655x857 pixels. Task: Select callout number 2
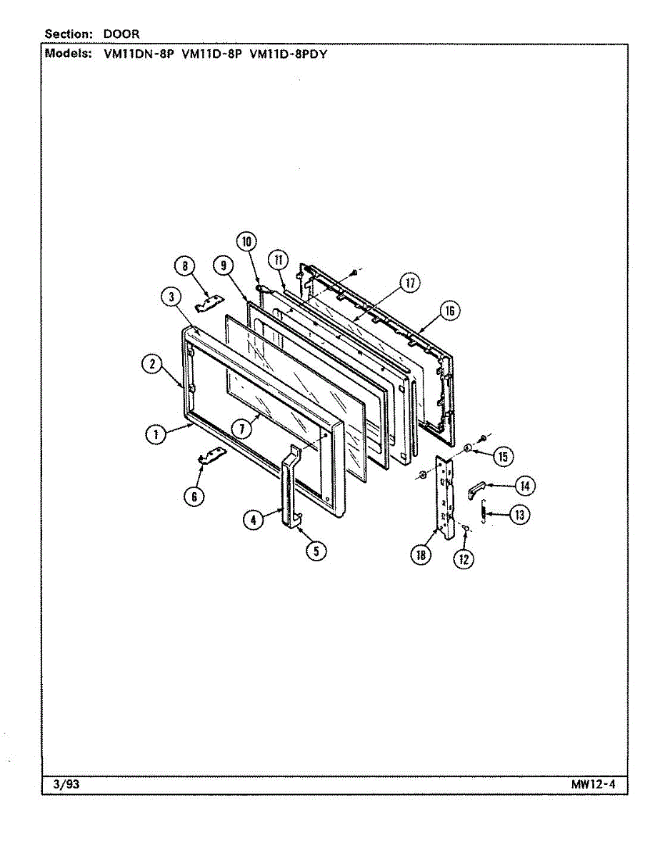(151, 364)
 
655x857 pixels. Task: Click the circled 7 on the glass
(243, 428)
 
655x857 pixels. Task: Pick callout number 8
(185, 267)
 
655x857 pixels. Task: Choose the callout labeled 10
(247, 241)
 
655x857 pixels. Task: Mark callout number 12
(464, 558)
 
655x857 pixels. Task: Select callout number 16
(449, 311)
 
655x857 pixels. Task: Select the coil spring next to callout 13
(485, 513)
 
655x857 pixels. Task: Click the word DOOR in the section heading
(121, 34)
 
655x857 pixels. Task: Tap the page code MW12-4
(593, 786)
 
